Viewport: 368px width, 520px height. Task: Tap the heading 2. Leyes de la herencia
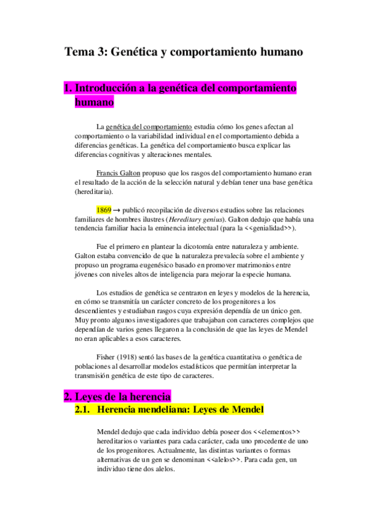point(117,396)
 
